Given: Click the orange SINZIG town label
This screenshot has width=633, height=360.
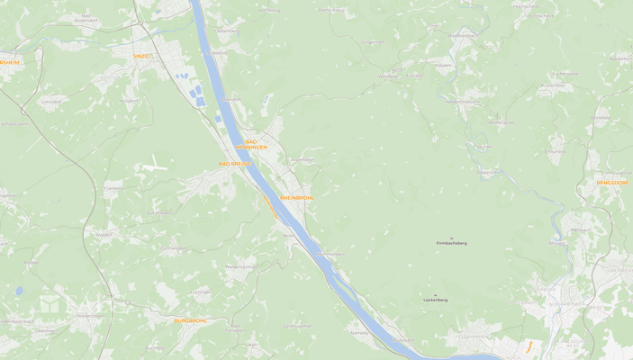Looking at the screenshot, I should (x=142, y=56).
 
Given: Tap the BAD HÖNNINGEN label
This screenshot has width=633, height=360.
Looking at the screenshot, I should (x=251, y=144).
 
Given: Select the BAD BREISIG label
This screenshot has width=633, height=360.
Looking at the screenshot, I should (x=236, y=164).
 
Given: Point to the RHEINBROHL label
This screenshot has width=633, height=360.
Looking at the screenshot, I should (x=296, y=197).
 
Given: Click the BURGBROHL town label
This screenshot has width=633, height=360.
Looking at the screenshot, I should (x=191, y=320).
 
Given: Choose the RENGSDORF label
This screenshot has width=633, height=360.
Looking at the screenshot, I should (x=612, y=183).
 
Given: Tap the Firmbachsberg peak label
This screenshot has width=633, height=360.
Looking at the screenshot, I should (x=451, y=243).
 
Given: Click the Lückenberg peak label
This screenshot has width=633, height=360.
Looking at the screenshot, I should (x=435, y=300).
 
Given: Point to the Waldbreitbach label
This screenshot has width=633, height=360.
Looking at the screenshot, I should (x=462, y=35).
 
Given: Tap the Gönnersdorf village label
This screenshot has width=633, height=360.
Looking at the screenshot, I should (x=172, y=247).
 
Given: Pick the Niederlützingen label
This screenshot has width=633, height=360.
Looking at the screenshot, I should (x=241, y=266).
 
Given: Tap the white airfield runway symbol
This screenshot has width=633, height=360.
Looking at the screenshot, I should (x=154, y=165).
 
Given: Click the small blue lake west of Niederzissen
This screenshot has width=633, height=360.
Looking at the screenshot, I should (x=19, y=292).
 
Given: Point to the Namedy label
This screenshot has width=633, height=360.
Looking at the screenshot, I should (x=359, y=332).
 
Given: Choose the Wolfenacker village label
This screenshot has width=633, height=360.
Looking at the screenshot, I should (x=501, y=121).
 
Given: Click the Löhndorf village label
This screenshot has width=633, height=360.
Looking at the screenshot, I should (x=50, y=102).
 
